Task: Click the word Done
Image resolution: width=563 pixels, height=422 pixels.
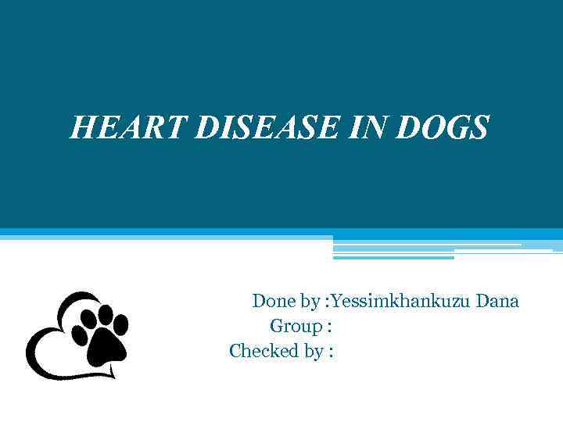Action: coord(274,301)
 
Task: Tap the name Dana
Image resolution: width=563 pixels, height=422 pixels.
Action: coord(498,301)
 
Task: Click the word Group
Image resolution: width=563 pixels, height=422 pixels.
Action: coord(296,326)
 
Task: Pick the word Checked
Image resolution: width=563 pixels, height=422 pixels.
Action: coord(259,352)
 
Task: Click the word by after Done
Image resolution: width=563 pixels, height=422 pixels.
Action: coord(310,302)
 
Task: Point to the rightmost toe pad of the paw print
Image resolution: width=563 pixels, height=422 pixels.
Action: coord(120,324)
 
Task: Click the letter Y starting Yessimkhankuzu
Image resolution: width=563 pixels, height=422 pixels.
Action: coord(336,301)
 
